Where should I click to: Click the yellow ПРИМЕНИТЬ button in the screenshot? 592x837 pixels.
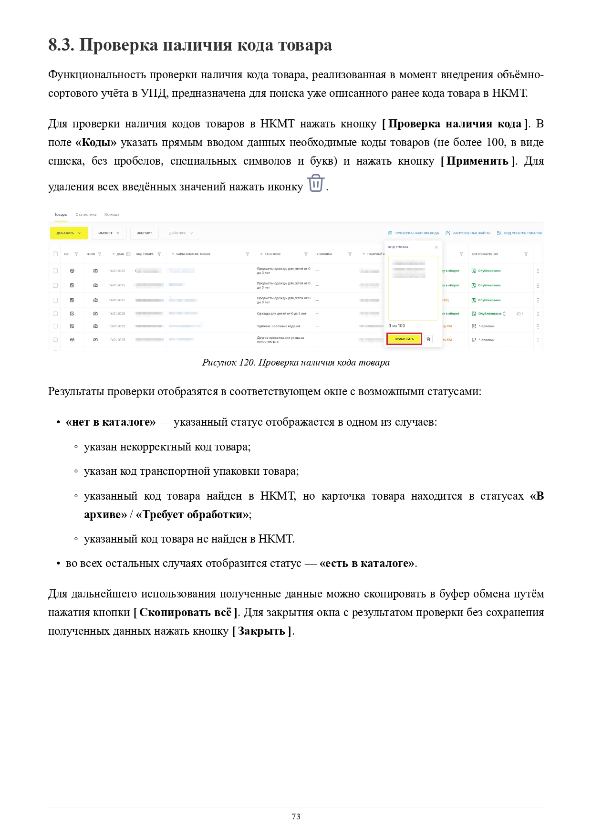pos(404,339)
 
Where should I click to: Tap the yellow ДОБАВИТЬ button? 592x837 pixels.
pos(69,233)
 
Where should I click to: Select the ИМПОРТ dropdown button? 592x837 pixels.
pos(109,233)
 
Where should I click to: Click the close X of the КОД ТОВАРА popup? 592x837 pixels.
pos(436,247)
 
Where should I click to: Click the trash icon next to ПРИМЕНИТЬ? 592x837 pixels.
pos(428,339)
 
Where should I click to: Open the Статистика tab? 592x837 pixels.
pos(86,215)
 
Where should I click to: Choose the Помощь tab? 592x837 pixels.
pos(112,215)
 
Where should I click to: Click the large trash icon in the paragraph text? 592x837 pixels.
pos(316,183)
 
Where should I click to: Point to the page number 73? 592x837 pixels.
pos(296,816)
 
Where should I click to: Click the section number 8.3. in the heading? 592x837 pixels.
pos(61,45)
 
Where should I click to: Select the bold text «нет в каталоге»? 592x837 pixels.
pos(111,422)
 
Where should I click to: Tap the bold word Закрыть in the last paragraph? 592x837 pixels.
pos(261,631)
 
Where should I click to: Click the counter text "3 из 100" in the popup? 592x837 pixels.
pos(397,326)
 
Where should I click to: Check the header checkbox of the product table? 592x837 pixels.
pos(55,254)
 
